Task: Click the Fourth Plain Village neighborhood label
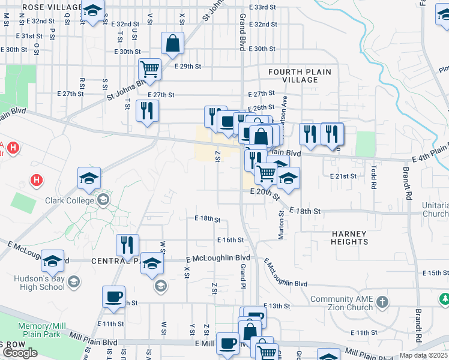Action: coord(300,76)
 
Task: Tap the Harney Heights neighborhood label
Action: coord(349,237)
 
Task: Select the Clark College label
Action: coord(71,201)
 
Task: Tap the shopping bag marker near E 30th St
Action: coord(172,44)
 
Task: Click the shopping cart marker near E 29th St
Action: coord(149,68)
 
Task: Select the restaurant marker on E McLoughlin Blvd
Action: coord(127,245)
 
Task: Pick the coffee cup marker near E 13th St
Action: coord(113,296)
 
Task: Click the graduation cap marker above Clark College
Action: coord(89,178)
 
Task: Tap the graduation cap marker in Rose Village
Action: coord(92,11)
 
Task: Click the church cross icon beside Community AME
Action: coord(383,300)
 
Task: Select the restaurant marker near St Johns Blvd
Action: coord(146,110)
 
